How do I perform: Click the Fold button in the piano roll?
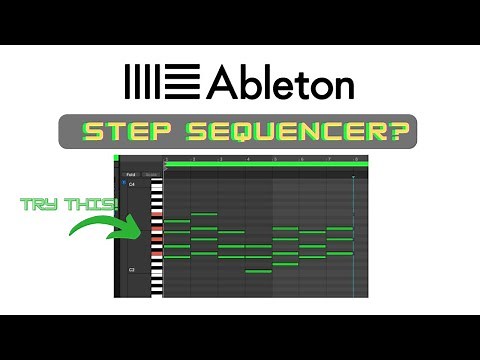tap(130, 174)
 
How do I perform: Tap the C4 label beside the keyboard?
tap(131, 184)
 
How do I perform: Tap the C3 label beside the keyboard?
tap(131, 270)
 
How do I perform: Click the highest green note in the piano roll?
tap(204, 213)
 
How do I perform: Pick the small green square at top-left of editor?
tap(117, 158)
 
